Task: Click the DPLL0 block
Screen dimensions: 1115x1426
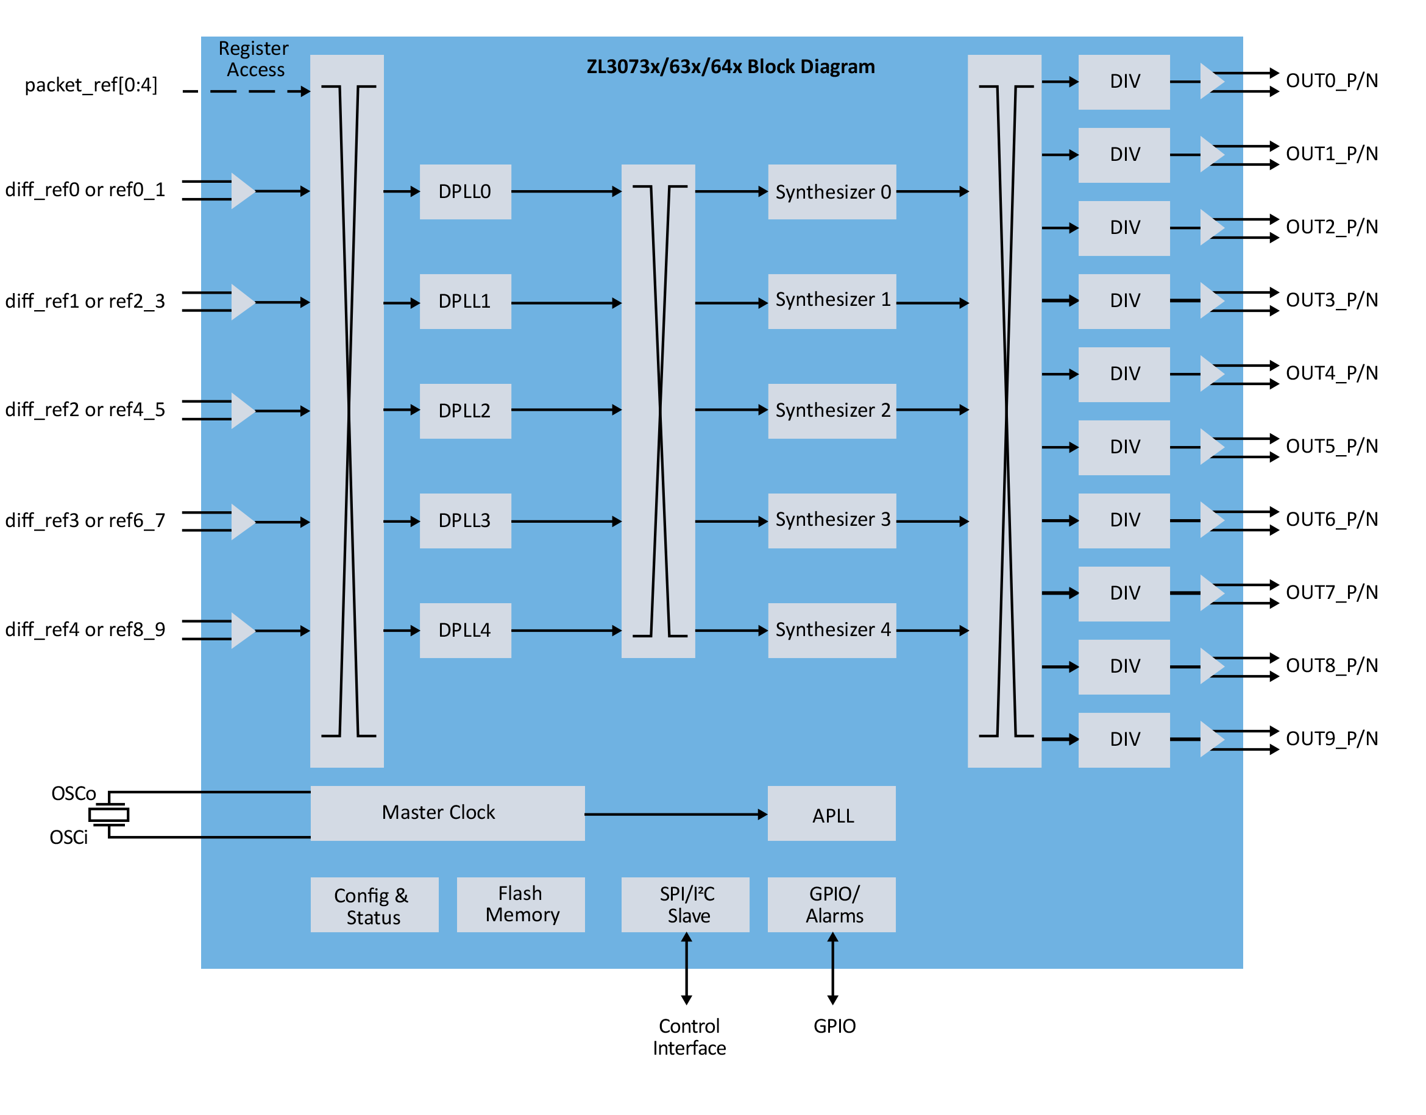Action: click(465, 191)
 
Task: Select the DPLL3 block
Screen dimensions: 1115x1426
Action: click(465, 520)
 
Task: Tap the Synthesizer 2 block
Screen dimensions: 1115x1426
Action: click(832, 411)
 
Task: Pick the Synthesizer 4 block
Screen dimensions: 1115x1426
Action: click(832, 630)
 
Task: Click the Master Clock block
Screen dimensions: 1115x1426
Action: click(447, 813)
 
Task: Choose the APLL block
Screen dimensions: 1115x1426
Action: click(831, 814)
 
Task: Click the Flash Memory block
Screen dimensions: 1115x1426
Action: click(520, 904)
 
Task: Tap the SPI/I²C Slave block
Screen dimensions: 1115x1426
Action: click(685, 904)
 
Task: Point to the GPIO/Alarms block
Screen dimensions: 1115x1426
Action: click(831, 904)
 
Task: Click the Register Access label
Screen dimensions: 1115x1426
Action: click(254, 58)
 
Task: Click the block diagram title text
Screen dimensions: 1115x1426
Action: click(730, 66)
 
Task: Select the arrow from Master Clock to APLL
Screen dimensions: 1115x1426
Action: click(675, 814)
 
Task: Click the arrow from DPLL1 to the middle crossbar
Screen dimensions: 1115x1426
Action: click(566, 303)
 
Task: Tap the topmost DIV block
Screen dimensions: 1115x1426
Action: click(1124, 82)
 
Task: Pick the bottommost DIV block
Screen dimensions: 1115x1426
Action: click(1124, 740)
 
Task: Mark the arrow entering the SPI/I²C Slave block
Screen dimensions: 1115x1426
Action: click(686, 950)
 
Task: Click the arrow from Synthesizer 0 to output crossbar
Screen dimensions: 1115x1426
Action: click(932, 191)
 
